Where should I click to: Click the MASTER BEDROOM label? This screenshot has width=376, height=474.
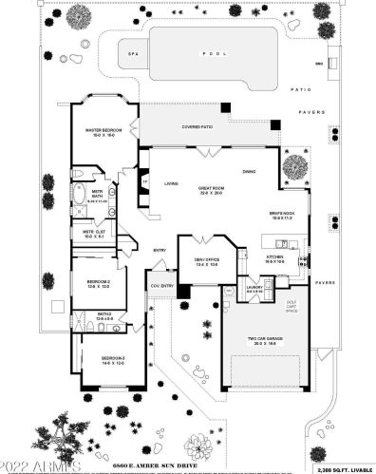tap(107, 132)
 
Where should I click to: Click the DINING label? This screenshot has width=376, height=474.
tap(249, 171)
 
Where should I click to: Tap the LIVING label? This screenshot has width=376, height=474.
tap(172, 183)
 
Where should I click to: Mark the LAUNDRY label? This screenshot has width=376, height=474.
tap(254, 286)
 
